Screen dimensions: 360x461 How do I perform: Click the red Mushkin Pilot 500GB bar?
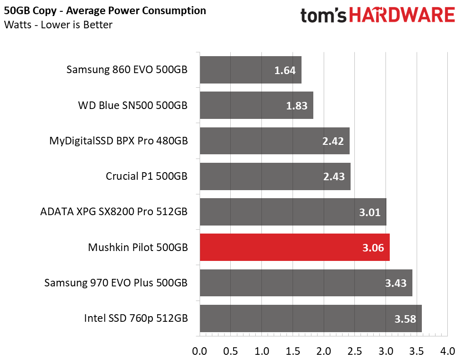tap(294, 247)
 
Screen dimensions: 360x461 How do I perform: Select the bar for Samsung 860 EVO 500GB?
tap(250, 70)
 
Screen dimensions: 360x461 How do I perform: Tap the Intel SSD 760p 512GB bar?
tap(310, 318)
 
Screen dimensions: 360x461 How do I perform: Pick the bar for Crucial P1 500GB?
tap(275, 176)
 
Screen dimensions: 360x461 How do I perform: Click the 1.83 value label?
tap(296, 106)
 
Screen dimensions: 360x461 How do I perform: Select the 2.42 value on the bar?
tap(333, 141)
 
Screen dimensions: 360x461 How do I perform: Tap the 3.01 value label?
tap(369, 212)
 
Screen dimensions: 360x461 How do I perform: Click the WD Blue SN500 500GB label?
tap(133, 105)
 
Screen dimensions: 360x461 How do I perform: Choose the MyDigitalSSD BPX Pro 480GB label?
tap(118, 141)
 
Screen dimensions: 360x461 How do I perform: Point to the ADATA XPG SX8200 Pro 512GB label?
tap(114, 211)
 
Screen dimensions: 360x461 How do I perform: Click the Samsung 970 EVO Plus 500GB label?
tap(116, 283)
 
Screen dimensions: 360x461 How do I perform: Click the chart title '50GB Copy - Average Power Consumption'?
tap(105, 10)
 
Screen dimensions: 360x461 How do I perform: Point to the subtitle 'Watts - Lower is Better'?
tap(58, 25)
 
